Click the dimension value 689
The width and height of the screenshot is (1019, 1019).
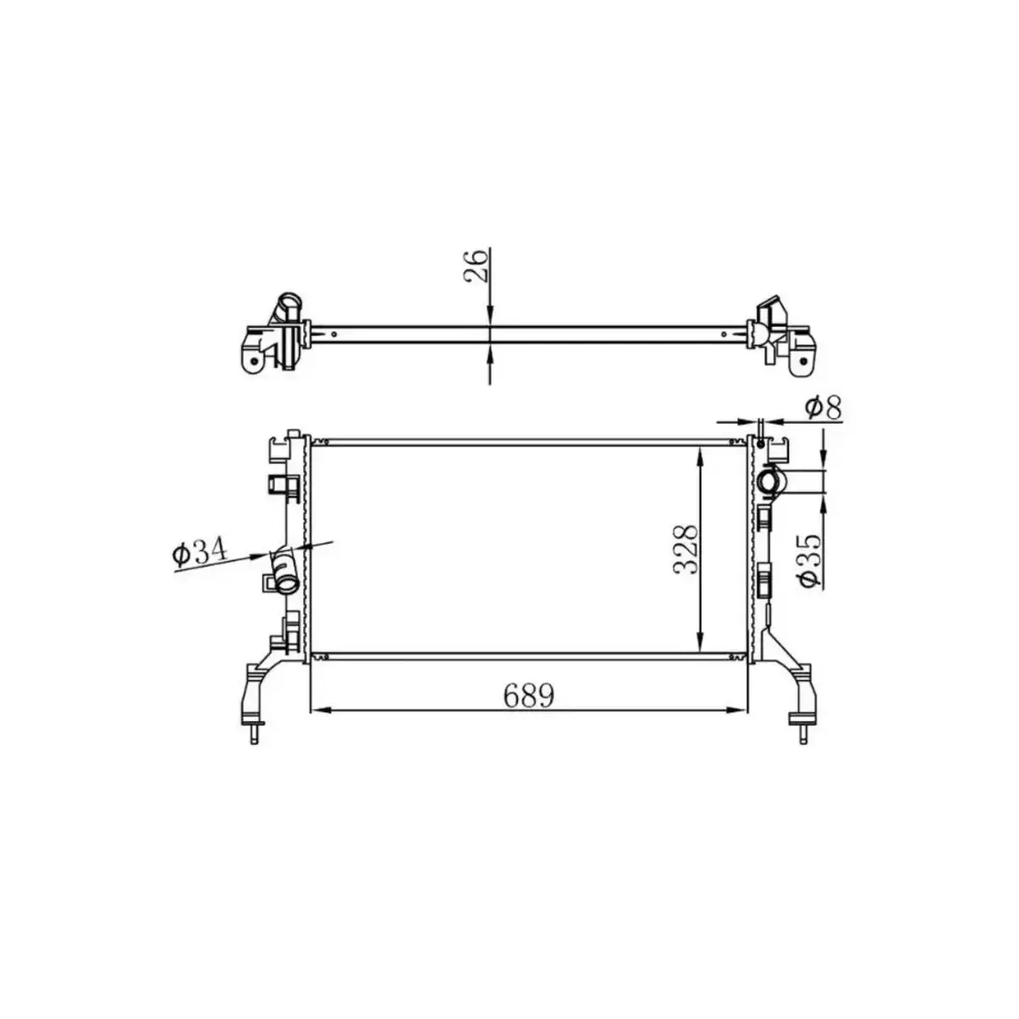528,695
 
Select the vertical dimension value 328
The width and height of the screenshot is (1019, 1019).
686,549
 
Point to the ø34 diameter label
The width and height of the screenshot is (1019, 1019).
200,554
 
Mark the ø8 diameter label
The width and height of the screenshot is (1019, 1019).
823,408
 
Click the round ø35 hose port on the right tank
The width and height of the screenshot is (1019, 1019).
772,481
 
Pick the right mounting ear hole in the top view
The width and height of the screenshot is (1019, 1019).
802,363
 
